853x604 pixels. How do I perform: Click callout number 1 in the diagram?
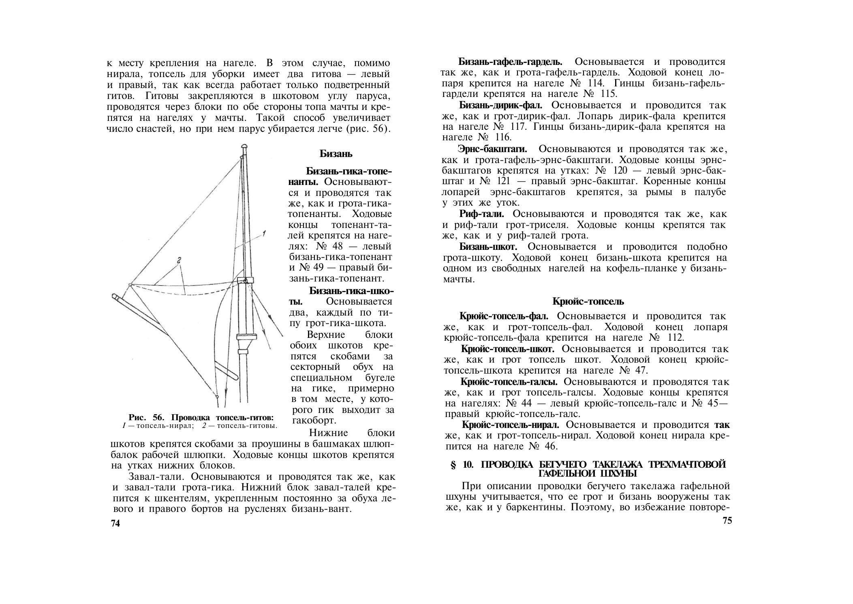point(263,234)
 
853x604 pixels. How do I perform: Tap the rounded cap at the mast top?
point(244,146)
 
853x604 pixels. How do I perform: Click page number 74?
point(115,524)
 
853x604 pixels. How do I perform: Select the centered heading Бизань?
point(336,154)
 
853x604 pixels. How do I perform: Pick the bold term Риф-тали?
point(481,214)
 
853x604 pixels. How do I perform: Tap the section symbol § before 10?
point(453,465)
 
